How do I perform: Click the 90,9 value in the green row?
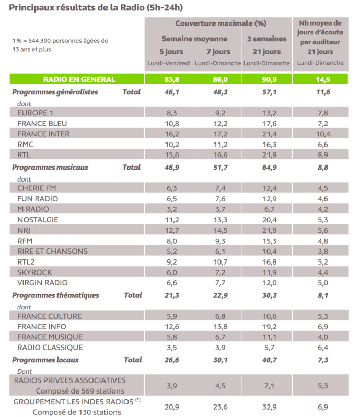[266, 79]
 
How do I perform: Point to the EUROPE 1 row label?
[35, 113]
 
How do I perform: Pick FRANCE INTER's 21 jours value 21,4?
[266, 134]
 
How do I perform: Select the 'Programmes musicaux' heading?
[50, 168]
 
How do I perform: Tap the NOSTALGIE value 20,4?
[266, 220]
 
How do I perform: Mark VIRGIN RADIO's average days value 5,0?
[320, 282]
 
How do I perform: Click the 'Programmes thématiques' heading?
[55, 295]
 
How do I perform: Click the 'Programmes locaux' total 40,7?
[266, 360]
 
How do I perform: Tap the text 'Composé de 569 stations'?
[80, 391]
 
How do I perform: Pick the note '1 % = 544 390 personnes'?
[60, 40]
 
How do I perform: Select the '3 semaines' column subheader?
[266, 39]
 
